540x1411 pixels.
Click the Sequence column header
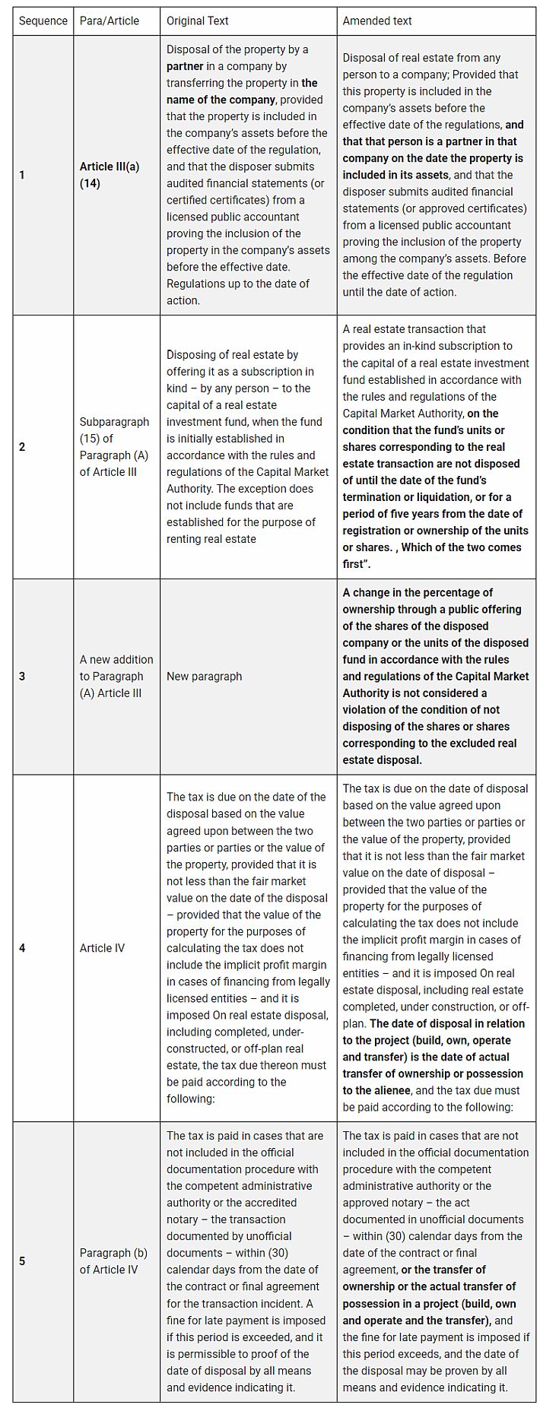[x=43, y=21]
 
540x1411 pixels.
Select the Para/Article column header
[x=110, y=21]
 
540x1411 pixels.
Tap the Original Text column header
[x=198, y=21]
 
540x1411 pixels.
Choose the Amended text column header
[x=377, y=21]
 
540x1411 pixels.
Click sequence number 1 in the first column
[x=22, y=175]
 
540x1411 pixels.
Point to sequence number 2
[x=22, y=447]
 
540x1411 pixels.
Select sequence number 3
[x=22, y=676]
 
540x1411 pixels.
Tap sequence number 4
[x=22, y=948]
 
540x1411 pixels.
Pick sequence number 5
[x=22, y=1261]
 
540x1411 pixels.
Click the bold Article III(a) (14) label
[x=109, y=175]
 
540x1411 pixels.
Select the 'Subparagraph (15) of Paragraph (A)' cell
[x=114, y=447]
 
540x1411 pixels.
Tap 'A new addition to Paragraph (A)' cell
[x=116, y=676]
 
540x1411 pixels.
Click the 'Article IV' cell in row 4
[x=102, y=948]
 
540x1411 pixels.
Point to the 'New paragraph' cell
[x=204, y=676]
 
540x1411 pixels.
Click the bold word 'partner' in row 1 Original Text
[x=186, y=66]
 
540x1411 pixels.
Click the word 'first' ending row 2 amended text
[x=354, y=564]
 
